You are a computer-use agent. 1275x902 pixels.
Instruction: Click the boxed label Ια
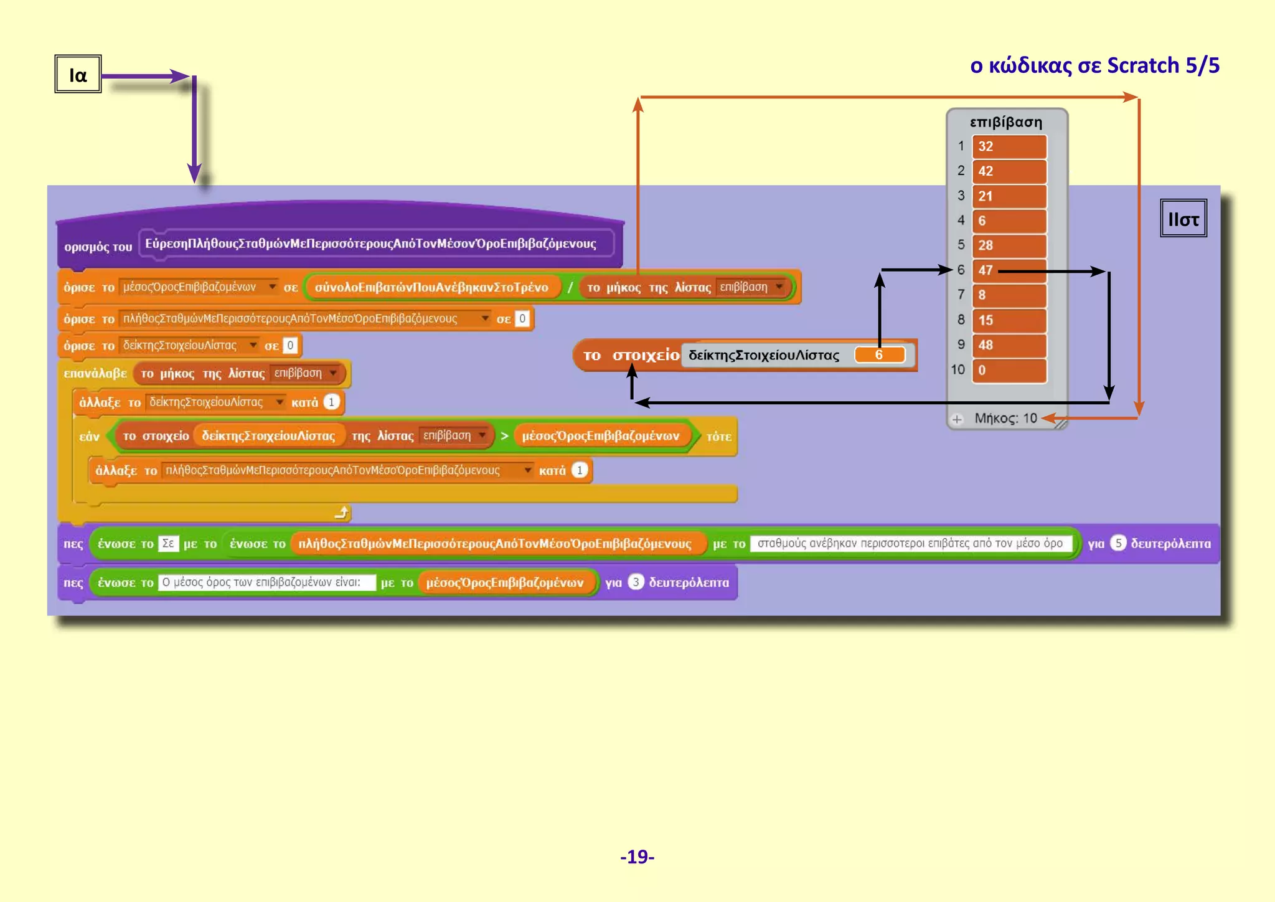(x=78, y=74)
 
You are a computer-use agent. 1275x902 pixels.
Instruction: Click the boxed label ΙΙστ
(x=1183, y=219)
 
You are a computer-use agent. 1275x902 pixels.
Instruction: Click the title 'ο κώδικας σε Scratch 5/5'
(x=1094, y=65)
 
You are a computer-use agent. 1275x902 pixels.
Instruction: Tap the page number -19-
(x=637, y=857)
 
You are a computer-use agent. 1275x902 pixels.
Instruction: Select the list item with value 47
(x=1009, y=270)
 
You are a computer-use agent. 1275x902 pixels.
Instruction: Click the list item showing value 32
(x=1009, y=147)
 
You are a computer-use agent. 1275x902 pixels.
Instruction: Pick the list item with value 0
(x=1009, y=370)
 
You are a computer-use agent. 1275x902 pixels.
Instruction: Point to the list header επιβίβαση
(x=1005, y=122)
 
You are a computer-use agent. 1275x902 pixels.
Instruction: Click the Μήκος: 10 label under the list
(x=1005, y=418)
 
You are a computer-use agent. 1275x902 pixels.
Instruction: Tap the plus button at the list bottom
(x=957, y=419)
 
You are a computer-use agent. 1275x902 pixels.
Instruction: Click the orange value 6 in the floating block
(x=879, y=355)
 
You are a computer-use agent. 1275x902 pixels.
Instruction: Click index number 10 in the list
(x=957, y=370)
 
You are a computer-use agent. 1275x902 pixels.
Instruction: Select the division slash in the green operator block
(x=569, y=287)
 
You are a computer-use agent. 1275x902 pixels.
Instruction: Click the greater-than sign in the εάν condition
(x=504, y=436)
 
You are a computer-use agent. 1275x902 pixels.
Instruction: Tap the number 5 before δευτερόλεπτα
(x=1118, y=543)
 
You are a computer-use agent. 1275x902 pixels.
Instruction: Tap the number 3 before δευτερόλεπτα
(x=635, y=582)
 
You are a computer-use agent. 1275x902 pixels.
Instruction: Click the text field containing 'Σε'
(x=168, y=544)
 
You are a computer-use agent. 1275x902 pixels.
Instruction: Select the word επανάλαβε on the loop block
(x=95, y=373)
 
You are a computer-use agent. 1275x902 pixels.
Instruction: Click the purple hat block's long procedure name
(x=371, y=244)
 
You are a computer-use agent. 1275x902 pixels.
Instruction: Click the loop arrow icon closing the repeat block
(x=342, y=513)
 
